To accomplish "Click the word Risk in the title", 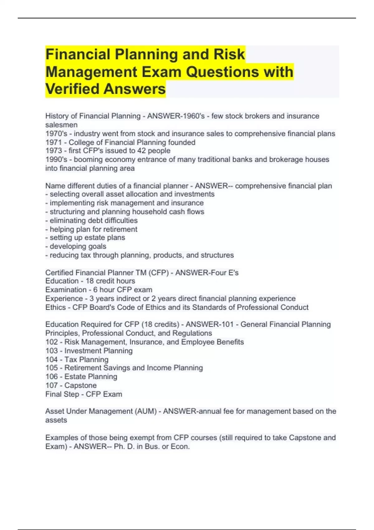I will tap(229, 55).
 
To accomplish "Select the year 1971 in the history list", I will tap(54, 142).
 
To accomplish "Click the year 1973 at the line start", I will tap(54, 151).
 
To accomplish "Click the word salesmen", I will tap(61, 125).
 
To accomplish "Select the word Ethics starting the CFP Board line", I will tap(55, 307).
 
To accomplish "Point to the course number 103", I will tap(52, 351).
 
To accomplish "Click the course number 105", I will tap(52, 368).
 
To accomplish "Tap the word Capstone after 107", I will tap(80, 386).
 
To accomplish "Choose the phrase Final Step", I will tap(62, 394).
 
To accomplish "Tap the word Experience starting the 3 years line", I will tap(64, 299).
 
